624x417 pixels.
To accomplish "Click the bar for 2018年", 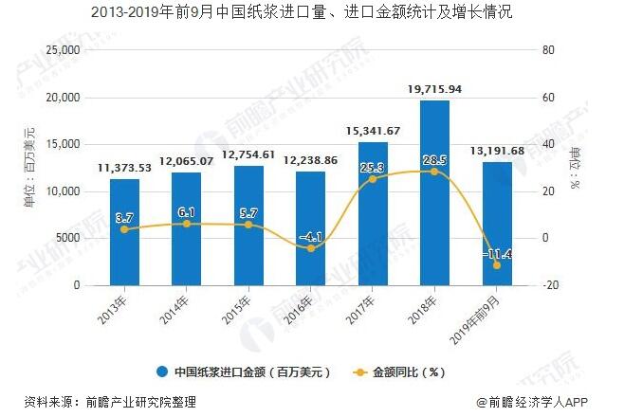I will coord(434,193).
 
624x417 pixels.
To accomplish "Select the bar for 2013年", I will coord(124,232).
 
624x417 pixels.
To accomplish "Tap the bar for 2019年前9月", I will coord(497,224).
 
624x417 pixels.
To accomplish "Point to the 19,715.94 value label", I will coord(434,89).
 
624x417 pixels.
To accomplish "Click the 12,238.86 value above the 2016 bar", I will coord(310,161).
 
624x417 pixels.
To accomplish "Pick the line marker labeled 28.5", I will coord(434,172).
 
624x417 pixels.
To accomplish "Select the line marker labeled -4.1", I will coord(310,248).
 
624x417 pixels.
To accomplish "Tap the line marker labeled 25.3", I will coord(373,179).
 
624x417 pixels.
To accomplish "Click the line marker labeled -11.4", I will coord(497,264).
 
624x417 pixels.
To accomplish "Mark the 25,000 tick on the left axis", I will coord(64,50).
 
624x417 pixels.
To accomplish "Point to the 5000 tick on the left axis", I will coord(67,238).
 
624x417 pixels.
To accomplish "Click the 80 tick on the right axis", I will coord(546,50).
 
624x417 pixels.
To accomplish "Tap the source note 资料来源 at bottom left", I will coord(110,402).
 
